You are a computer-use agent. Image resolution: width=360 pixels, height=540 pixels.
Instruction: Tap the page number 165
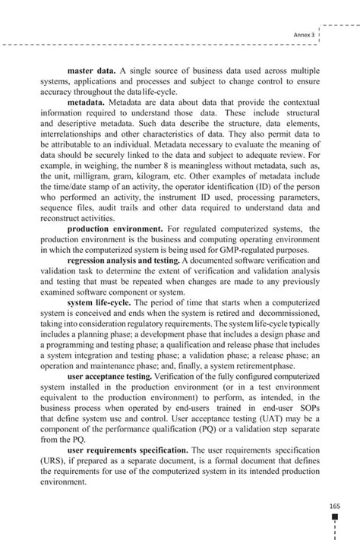334,505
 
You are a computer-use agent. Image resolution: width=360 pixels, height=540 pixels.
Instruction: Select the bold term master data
91,71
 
